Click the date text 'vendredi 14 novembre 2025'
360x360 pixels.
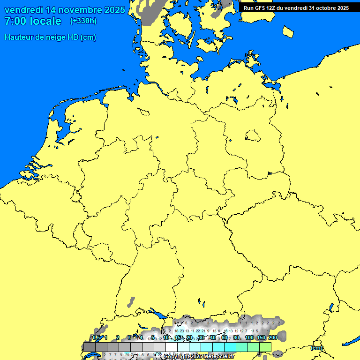[x=65, y=10]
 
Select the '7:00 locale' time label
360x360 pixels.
[x=33, y=21]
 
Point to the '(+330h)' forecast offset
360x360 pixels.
[x=83, y=21]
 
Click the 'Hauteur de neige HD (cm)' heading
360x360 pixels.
[x=51, y=37]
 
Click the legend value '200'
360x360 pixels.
[x=272, y=337]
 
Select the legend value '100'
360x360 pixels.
[x=249, y=337]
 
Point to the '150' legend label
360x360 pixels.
[x=261, y=337]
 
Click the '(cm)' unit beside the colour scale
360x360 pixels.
[x=316, y=348]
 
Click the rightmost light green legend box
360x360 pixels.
[x=265, y=347]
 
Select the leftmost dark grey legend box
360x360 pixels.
[x=89, y=347]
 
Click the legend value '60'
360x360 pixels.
[x=225, y=337]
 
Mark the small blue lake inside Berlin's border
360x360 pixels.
[x=253, y=136]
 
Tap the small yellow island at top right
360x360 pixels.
[x=289, y=31]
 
